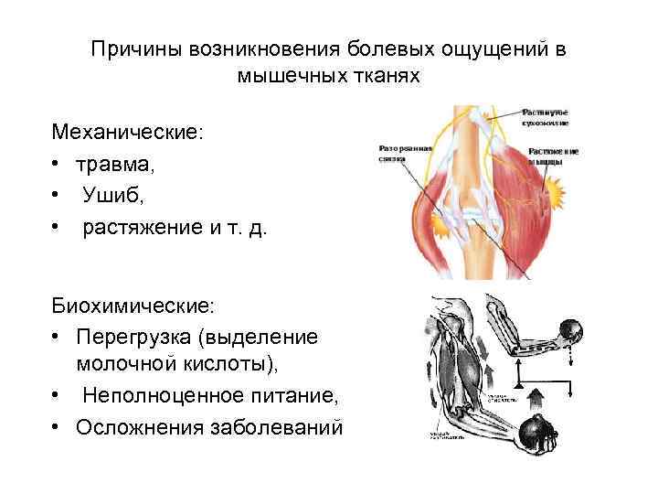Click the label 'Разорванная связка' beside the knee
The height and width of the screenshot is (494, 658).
397,152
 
